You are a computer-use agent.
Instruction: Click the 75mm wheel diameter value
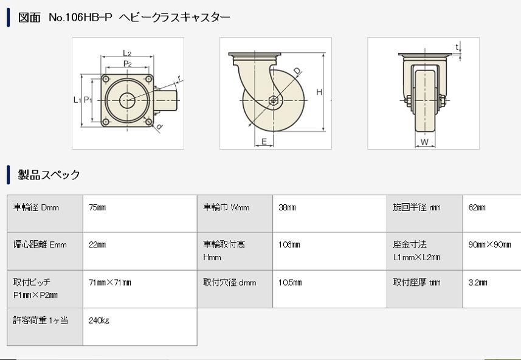(97, 208)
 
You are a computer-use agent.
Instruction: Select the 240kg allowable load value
(98, 320)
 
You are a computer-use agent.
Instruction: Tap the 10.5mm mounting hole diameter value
(290, 283)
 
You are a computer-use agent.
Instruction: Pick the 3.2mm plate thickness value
(477, 283)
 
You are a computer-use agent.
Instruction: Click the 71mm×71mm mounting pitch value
(109, 283)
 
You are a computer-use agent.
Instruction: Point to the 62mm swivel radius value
(477, 208)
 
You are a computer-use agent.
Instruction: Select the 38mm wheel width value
(287, 208)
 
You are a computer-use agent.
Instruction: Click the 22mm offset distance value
(97, 245)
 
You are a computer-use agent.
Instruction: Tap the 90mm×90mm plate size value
(489, 245)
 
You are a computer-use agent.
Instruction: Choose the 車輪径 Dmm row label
(36, 208)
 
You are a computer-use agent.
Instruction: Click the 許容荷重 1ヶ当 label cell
(41, 320)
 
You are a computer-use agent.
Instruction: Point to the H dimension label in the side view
(319, 92)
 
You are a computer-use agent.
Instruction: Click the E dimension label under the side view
(264, 142)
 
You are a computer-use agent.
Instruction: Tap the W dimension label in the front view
(424, 142)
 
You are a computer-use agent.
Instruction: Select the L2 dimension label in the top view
(127, 53)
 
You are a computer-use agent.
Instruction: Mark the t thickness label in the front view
(457, 47)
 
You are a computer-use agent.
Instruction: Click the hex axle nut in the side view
(273, 100)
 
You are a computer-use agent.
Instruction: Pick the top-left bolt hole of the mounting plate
(106, 79)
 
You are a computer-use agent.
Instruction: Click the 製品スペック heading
(49, 175)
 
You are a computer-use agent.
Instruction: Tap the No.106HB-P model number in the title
(80, 17)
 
